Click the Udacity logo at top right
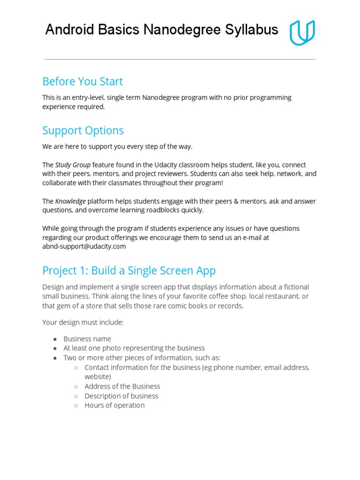(x=302, y=32)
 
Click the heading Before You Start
(x=82, y=82)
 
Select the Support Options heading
(x=83, y=130)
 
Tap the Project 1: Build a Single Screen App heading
(x=129, y=270)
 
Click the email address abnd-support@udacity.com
(x=84, y=247)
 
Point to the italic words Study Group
(x=73, y=165)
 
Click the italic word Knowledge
(x=70, y=201)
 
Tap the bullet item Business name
(x=87, y=338)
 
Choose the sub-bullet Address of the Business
(x=122, y=386)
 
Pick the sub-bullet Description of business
(x=121, y=396)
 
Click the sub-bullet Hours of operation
(x=114, y=405)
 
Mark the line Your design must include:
(x=83, y=322)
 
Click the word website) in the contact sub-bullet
(x=97, y=376)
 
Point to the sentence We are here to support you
(x=117, y=147)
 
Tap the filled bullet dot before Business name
(x=55, y=339)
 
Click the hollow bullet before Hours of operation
(x=76, y=405)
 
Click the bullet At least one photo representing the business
(x=134, y=348)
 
